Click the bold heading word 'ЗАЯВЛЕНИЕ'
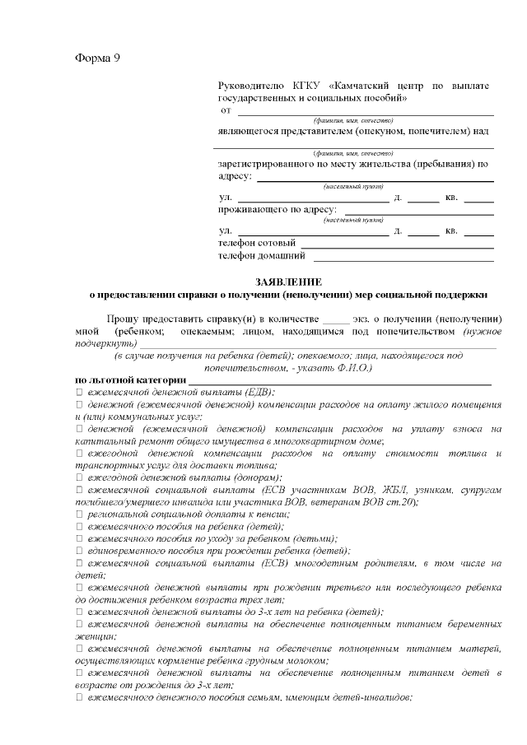click(288, 281)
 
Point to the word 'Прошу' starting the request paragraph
click(123, 319)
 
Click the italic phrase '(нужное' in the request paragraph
click(483, 331)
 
